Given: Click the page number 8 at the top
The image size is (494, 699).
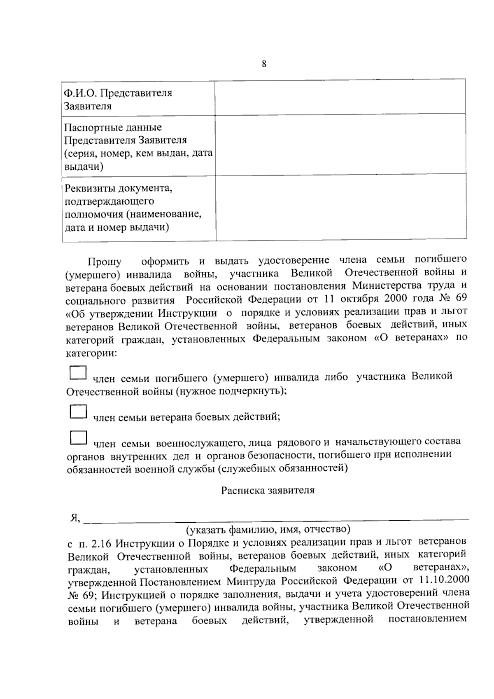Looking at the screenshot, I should [x=264, y=64].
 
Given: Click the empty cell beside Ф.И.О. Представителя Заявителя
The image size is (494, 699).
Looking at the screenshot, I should [x=340, y=98].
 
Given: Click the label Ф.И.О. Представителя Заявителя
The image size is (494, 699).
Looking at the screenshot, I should [x=117, y=99].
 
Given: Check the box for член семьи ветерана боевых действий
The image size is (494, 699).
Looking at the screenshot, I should [x=78, y=411].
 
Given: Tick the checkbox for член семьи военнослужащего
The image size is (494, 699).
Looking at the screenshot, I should [x=78, y=437].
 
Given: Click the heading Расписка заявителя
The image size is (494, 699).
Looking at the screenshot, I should [x=268, y=491].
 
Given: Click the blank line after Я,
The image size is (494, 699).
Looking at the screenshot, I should [x=276, y=517].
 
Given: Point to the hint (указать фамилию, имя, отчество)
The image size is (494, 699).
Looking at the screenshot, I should [x=268, y=528].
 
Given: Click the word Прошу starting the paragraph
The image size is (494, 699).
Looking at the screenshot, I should [x=104, y=262].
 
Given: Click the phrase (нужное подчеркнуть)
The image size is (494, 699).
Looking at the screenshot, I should [x=231, y=390].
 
